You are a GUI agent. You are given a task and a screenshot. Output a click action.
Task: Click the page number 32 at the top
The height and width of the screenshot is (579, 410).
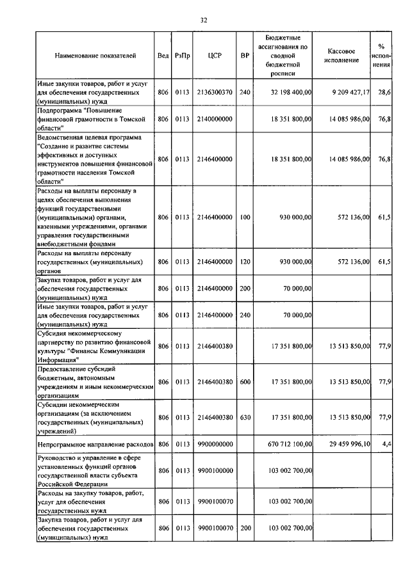click(204, 20)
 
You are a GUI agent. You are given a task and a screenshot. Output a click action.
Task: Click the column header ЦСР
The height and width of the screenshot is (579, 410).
click(215, 56)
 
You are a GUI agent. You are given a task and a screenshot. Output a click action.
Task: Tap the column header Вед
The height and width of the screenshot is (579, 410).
click(163, 56)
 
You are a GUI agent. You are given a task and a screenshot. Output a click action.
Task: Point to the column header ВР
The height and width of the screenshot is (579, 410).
click(245, 56)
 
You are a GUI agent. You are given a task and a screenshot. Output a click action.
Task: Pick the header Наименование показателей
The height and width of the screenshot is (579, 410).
click(95, 56)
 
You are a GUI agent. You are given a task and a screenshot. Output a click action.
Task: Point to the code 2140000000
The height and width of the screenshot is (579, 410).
click(215, 119)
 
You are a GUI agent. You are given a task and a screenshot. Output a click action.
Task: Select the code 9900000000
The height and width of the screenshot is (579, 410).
click(215, 443)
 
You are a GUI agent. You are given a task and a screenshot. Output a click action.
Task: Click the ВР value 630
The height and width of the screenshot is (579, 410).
click(245, 417)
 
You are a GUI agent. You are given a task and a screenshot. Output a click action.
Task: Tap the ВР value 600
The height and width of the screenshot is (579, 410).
click(245, 382)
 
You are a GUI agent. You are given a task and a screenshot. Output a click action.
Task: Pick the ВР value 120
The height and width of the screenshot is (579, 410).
click(245, 262)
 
